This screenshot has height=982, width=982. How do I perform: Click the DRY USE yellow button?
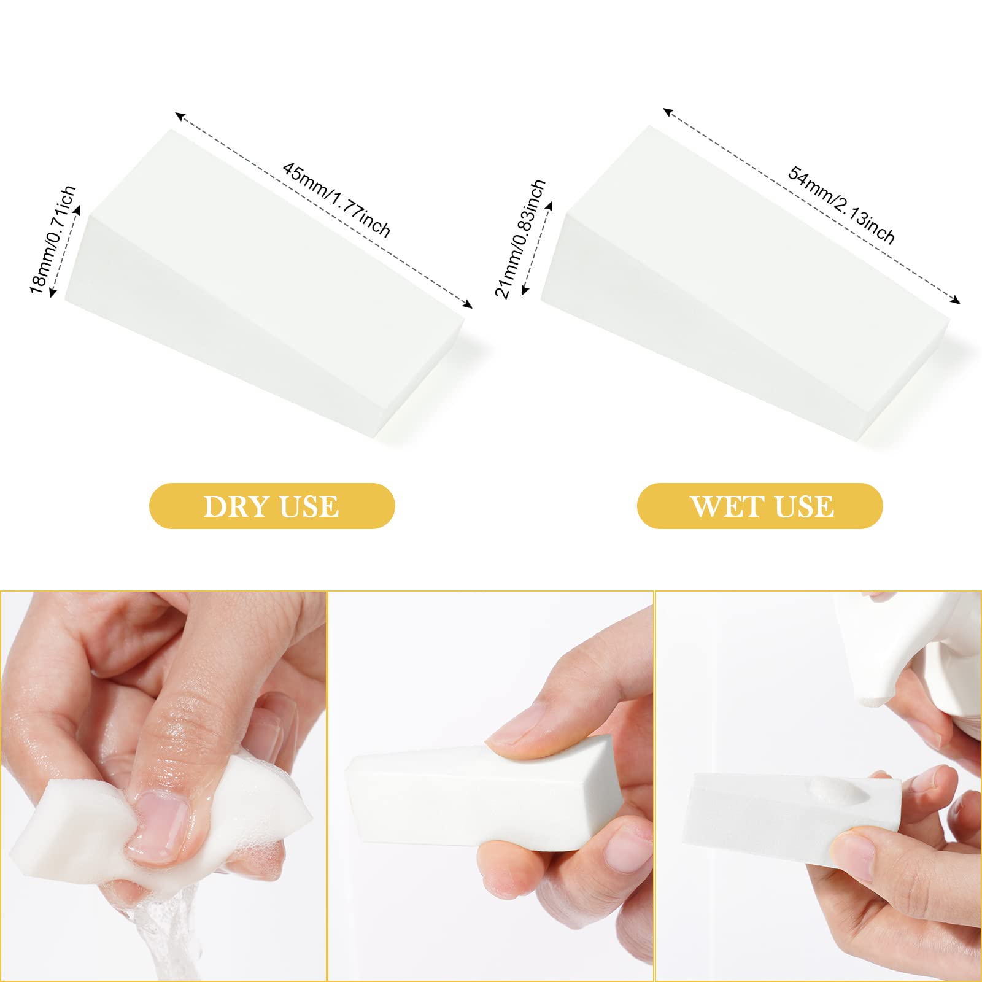tap(272, 506)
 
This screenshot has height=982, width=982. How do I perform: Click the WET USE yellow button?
tap(760, 506)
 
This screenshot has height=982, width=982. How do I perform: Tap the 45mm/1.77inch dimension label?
tap(336, 199)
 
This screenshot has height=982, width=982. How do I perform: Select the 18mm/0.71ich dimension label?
tap(53, 239)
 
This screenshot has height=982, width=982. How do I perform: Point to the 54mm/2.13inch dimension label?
tap(841, 204)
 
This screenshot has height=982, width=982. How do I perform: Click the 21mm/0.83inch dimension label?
tap(520, 238)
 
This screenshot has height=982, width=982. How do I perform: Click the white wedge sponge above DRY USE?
tap(264, 282)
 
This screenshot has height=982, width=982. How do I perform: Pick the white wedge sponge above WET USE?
tap(745, 282)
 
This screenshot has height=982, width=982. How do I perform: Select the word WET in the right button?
tap(727, 506)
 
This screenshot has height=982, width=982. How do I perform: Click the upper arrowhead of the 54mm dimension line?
tap(668, 112)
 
